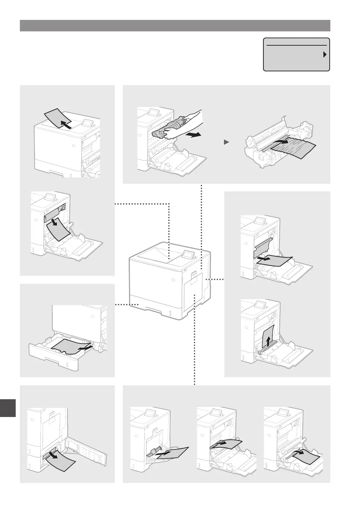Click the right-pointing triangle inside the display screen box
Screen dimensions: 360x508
click(324, 55)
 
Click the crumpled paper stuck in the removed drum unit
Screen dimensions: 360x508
click(293, 147)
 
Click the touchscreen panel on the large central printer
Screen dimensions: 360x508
click(188, 255)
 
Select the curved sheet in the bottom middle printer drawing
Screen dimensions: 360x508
click(227, 444)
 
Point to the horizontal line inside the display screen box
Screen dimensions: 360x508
click(297, 45)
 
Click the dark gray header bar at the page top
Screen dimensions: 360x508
click(175, 26)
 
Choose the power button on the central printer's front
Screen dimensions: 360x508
click(173, 280)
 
